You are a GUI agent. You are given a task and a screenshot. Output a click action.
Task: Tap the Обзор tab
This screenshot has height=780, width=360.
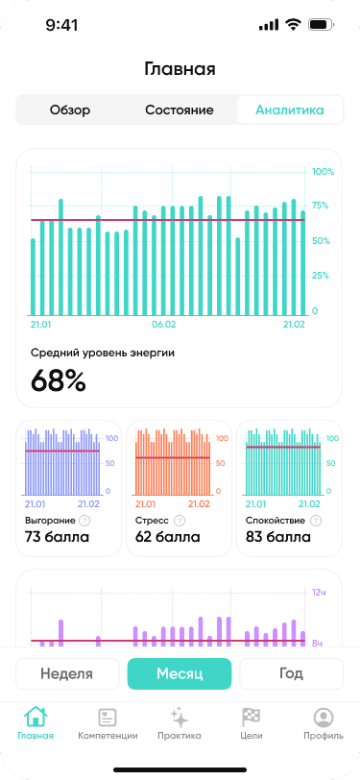tap(70, 110)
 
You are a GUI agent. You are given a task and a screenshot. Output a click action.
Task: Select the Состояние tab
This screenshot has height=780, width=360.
tap(180, 110)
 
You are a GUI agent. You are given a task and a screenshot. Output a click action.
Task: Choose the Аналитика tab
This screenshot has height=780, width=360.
tap(290, 110)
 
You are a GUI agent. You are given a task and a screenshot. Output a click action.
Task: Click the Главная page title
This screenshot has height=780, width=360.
tap(180, 68)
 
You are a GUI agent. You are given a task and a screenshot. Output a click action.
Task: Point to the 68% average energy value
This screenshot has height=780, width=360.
tap(59, 380)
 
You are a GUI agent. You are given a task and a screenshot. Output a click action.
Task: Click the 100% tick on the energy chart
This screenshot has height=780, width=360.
tap(323, 172)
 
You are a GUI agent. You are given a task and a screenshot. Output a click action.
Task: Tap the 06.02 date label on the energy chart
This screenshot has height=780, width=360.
tap(165, 325)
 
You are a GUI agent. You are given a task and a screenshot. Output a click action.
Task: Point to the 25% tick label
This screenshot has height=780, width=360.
tap(321, 276)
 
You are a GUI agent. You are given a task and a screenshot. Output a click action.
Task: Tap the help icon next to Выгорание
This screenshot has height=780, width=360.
tap(84, 521)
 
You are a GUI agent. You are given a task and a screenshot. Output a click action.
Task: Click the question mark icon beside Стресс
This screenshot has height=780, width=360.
tap(179, 521)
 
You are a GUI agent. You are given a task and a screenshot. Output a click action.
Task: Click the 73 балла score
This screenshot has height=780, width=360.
tap(58, 537)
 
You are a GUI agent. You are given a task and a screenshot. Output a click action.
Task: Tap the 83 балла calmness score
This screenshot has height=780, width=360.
tap(278, 537)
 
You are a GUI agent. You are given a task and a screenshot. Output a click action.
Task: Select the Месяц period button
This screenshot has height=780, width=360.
tap(180, 673)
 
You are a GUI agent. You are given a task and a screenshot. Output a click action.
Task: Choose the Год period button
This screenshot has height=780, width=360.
tap(291, 673)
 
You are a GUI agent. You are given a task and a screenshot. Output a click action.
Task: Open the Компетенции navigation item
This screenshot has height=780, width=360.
tap(108, 723)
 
